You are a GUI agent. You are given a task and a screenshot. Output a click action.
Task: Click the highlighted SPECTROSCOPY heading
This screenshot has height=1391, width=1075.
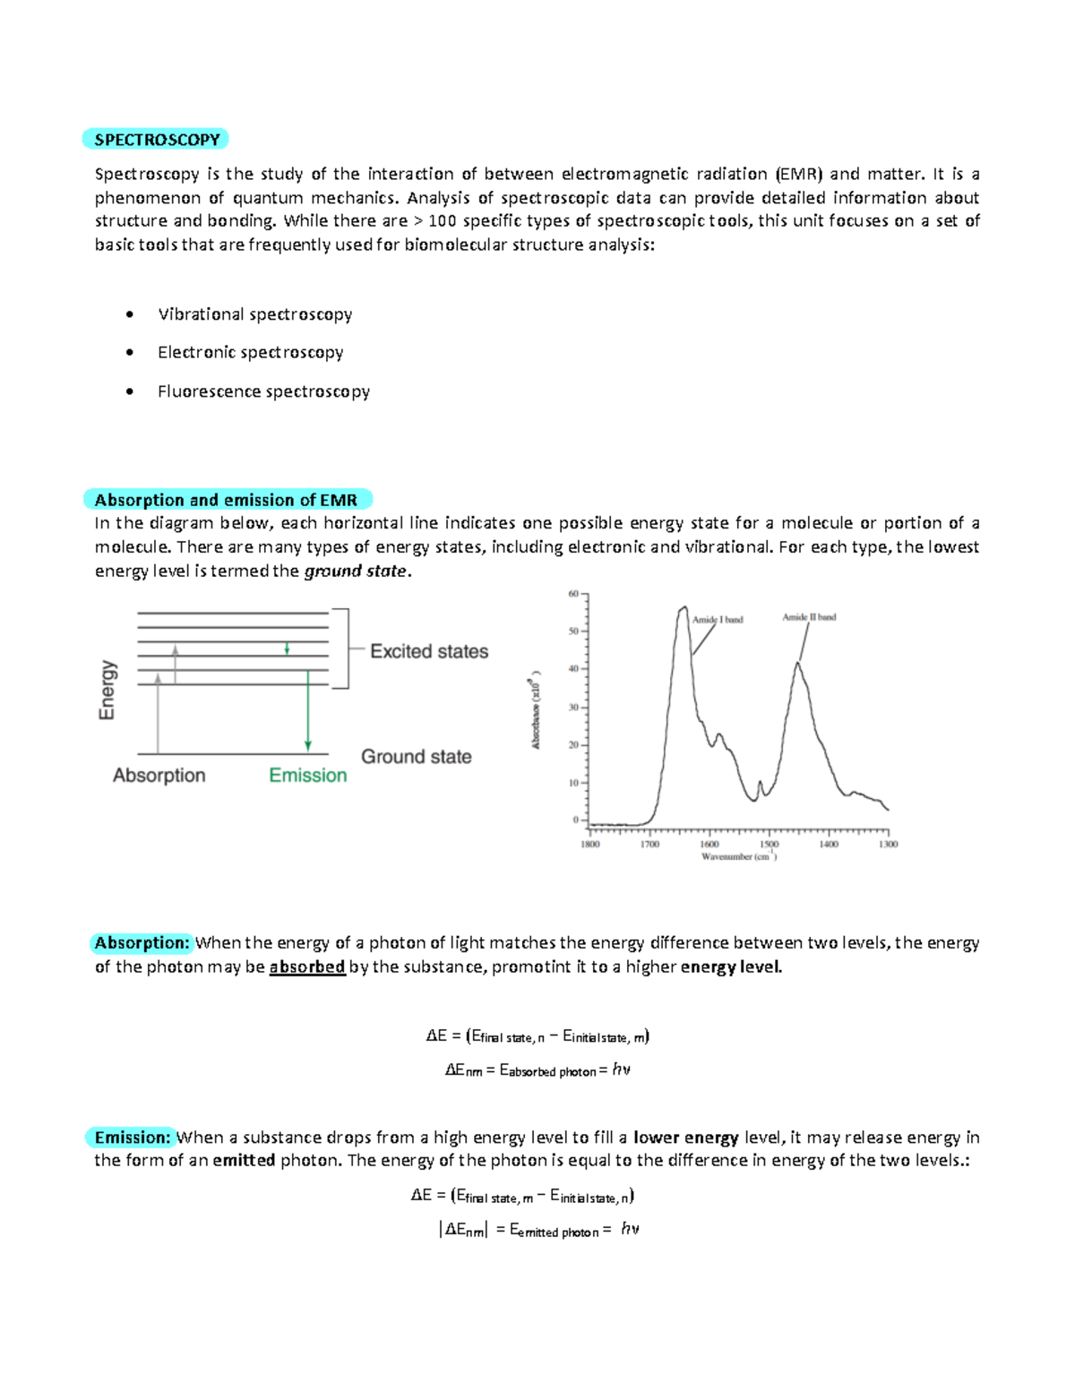(x=157, y=140)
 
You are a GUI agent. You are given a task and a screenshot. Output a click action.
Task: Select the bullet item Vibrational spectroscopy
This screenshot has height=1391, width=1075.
(x=254, y=314)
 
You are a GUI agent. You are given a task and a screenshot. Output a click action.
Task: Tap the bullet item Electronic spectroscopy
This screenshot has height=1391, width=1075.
(x=250, y=353)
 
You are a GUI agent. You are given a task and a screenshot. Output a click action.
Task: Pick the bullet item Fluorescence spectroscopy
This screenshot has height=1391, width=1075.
(x=263, y=391)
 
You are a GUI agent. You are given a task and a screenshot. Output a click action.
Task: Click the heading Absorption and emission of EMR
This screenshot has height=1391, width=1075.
(x=226, y=500)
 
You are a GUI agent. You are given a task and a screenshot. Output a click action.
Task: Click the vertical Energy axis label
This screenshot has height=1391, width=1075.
(x=107, y=690)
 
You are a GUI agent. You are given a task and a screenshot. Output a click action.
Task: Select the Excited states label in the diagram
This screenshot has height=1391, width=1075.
(x=429, y=651)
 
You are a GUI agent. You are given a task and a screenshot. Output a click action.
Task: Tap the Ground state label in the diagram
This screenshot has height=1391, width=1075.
(x=416, y=757)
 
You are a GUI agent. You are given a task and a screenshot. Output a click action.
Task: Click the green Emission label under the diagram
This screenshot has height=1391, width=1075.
(x=307, y=776)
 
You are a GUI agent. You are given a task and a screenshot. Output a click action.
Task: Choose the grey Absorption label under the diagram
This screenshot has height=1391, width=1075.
(x=159, y=776)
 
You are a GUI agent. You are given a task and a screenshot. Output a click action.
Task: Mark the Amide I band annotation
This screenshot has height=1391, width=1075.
(x=717, y=620)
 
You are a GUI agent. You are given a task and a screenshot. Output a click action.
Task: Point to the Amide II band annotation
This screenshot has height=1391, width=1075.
(x=809, y=617)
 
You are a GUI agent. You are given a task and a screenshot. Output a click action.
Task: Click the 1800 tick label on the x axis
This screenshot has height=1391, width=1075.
(x=589, y=845)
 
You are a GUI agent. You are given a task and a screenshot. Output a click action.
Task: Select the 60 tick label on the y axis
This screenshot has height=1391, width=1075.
(x=573, y=594)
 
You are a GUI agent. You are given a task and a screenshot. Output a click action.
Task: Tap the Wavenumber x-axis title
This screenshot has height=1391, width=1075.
(x=738, y=857)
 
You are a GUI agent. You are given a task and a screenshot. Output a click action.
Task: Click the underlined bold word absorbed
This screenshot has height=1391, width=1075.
(x=307, y=967)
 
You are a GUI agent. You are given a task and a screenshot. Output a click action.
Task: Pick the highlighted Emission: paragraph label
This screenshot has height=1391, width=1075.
(x=133, y=1138)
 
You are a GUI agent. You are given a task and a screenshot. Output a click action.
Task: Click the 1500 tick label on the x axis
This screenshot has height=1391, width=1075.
(x=769, y=845)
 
